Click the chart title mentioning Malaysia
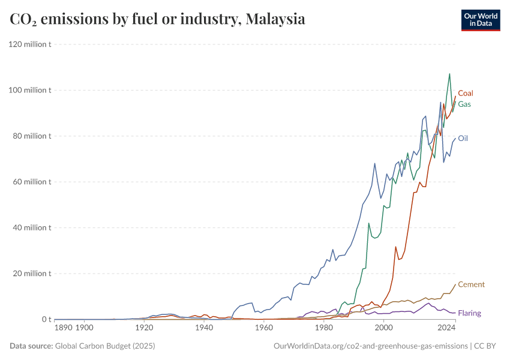click(157, 19)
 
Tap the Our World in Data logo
click(481, 20)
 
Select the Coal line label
click(466, 93)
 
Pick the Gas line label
click(464, 104)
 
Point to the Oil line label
click(463, 138)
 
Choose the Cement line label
click(471, 284)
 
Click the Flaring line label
click(469, 313)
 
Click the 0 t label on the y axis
click(46, 319)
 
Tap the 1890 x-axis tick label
click(64, 329)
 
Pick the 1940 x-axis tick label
click(204, 329)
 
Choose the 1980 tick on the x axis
click(324, 329)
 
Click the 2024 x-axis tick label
click(446, 329)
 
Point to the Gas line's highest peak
click(449, 74)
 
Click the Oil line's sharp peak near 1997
click(375, 163)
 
